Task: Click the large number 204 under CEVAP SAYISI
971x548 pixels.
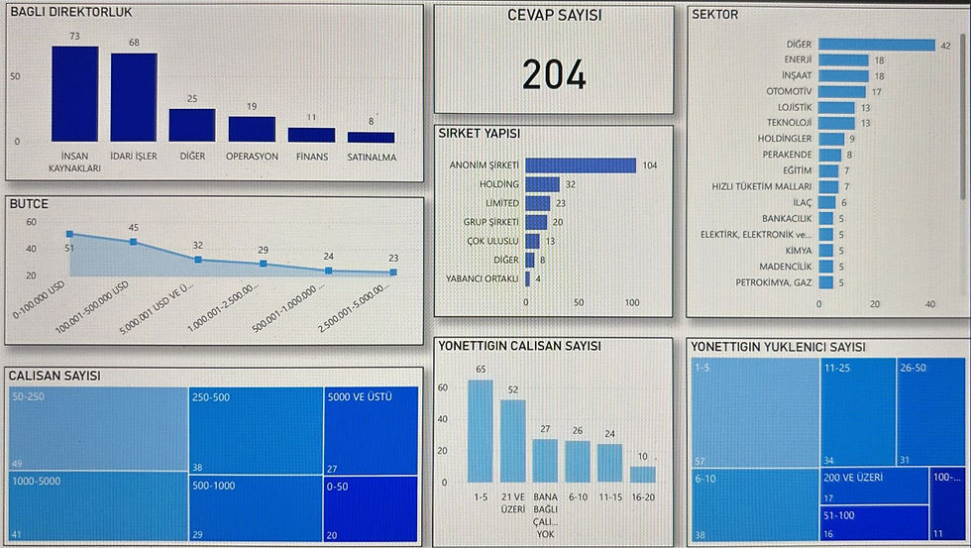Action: (554, 75)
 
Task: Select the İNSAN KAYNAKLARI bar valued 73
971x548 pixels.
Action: (75, 94)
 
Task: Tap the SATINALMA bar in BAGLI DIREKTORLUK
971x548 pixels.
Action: (371, 137)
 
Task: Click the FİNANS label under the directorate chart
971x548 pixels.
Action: (311, 156)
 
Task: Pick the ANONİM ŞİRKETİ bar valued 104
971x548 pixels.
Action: (581, 165)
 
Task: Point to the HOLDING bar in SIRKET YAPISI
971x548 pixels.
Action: (542, 184)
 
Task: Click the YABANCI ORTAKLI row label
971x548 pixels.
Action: (483, 278)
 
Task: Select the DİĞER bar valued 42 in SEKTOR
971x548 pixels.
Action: (878, 45)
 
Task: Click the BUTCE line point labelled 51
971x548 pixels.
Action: (69, 234)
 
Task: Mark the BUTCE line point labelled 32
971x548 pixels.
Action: (198, 260)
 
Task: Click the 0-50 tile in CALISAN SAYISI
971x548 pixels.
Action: (371, 506)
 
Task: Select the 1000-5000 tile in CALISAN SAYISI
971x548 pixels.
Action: (96, 506)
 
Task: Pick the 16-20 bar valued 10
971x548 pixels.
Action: (643, 474)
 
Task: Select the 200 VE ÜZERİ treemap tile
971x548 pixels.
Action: (875, 487)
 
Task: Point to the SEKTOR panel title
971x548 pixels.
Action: (715, 15)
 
